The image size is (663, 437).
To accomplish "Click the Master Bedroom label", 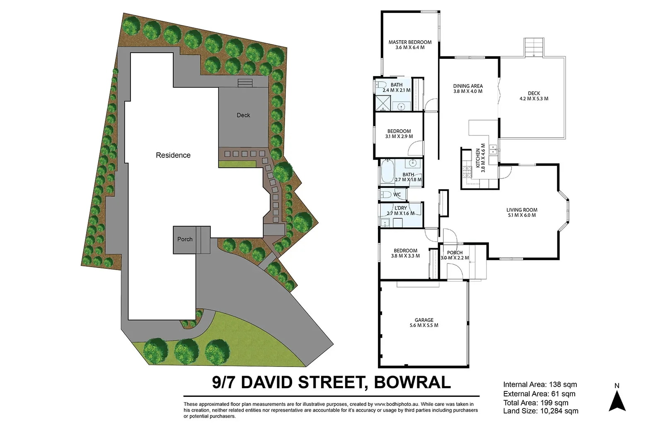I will click(x=410, y=42).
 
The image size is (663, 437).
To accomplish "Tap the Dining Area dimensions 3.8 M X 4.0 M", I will click(x=468, y=92).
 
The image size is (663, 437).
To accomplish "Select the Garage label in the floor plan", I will click(x=424, y=320).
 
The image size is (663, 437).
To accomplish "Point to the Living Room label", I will click(x=522, y=210).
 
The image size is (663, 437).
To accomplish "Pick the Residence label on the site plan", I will click(x=173, y=155).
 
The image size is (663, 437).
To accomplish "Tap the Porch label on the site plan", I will click(x=185, y=239).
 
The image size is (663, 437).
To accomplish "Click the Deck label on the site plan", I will click(x=243, y=115).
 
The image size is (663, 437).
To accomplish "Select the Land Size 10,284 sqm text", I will click(x=540, y=411).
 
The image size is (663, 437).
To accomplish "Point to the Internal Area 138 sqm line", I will click(x=540, y=385).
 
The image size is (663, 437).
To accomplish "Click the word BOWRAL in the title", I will click(x=412, y=382).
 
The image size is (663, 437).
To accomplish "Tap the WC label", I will click(x=397, y=195).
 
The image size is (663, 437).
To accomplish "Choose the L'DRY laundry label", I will click(x=401, y=208).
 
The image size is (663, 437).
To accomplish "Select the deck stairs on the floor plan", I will click(x=534, y=47).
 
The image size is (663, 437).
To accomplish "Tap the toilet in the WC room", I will click(x=385, y=194).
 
